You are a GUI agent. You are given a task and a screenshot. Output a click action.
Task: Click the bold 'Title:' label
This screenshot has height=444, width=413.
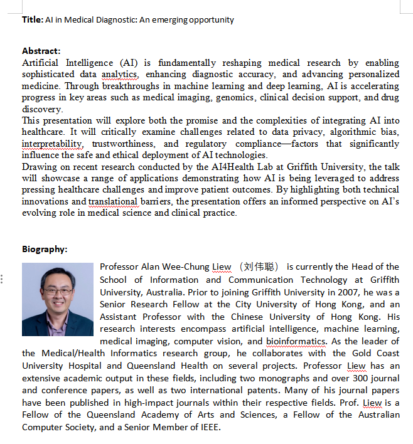[x=33, y=19]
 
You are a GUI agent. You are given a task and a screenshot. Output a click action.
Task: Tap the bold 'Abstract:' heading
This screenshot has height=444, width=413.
[x=41, y=51]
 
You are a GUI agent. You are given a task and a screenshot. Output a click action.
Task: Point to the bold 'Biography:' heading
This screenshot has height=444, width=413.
[x=45, y=249]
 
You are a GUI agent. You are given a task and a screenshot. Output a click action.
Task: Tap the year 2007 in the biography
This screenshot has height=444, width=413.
[x=328, y=292]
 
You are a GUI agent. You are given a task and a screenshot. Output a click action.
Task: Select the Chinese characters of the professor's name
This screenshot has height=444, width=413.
[x=259, y=267]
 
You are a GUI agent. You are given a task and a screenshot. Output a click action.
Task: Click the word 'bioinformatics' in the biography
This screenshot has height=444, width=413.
[x=295, y=341]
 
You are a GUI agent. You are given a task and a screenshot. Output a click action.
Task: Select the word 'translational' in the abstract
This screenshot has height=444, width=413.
[x=113, y=201]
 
